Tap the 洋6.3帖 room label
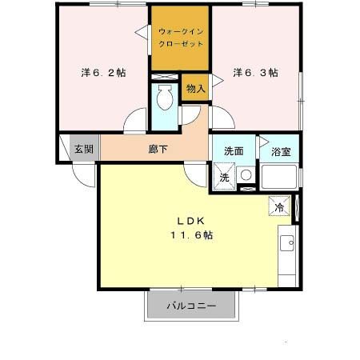(256, 72)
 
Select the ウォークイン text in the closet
(181, 32)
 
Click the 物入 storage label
(196, 88)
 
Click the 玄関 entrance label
(83, 149)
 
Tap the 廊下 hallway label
(158, 149)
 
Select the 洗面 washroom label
(234, 150)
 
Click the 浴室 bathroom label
(280, 150)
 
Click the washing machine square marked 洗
(224, 178)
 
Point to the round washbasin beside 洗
(246, 175)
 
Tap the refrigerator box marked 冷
(279, 206)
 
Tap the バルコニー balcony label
(191, 306)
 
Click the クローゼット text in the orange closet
(181, 46)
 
